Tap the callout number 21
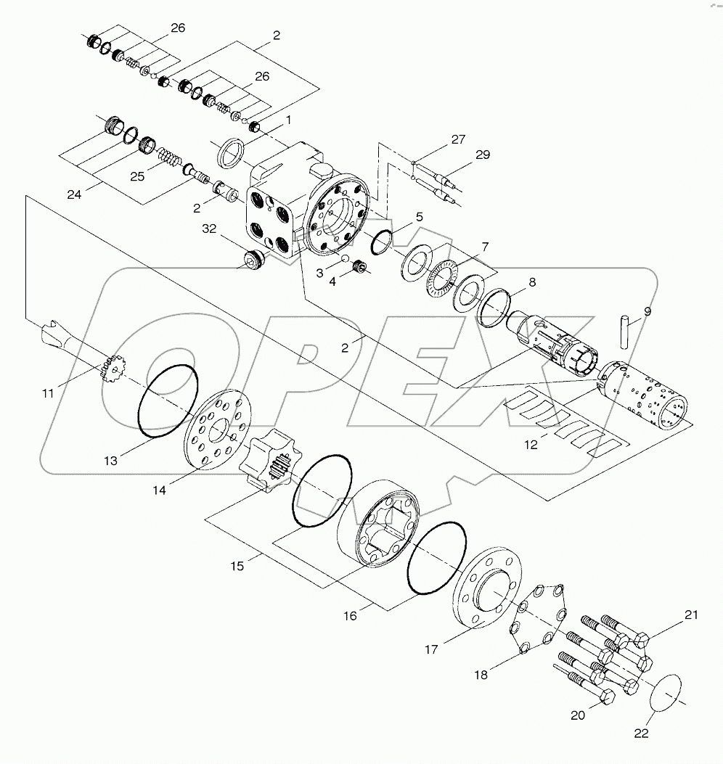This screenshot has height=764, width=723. pos(690,615)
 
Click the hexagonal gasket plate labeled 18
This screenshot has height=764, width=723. pos(538,617)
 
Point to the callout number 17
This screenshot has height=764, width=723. pos(431,649)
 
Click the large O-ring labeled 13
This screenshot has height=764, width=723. pos(168,401)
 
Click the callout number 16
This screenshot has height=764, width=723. pos(351,615)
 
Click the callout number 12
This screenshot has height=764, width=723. pos(532,445)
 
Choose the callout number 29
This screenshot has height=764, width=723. pos(483,155)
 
